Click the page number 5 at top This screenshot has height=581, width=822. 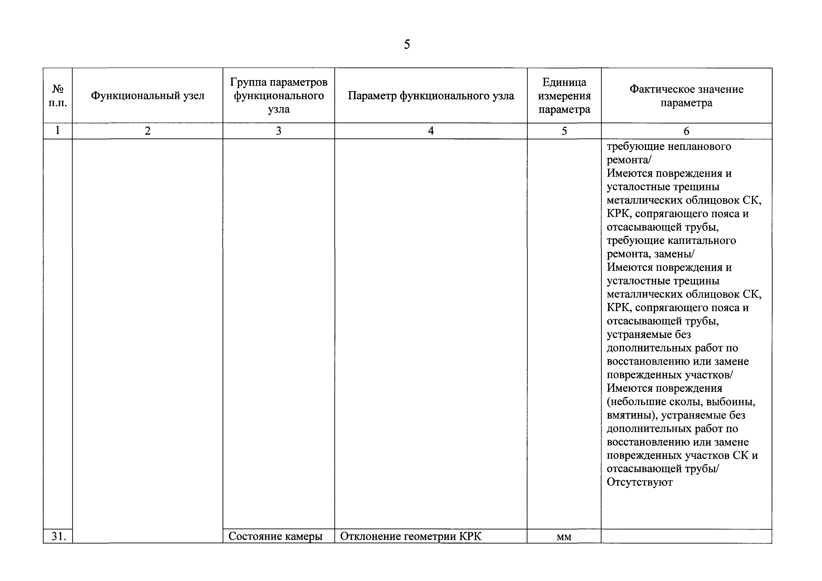[x=407, y=44]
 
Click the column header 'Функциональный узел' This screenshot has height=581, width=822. [x=147, y=96]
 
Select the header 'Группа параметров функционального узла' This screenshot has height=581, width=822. [x=279, y=96]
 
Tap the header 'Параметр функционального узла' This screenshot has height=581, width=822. [x=431, y=96]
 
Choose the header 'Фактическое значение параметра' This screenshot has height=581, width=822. [x=686, y=96]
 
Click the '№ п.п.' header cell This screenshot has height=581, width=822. [x=58, y=96]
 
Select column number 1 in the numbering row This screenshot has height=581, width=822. [x=58, y=131]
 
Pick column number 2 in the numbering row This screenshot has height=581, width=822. [x=147, y=131]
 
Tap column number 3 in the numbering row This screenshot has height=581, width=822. [x=279, y=131]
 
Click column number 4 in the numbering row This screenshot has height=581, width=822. [x=431, y=131]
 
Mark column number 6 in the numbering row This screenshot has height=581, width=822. [x=686, y=131]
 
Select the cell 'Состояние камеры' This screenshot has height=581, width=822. [x=275, y=536]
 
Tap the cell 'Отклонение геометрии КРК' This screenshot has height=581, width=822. [x=411, y=536]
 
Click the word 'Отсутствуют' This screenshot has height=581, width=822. [x=639, y=482]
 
